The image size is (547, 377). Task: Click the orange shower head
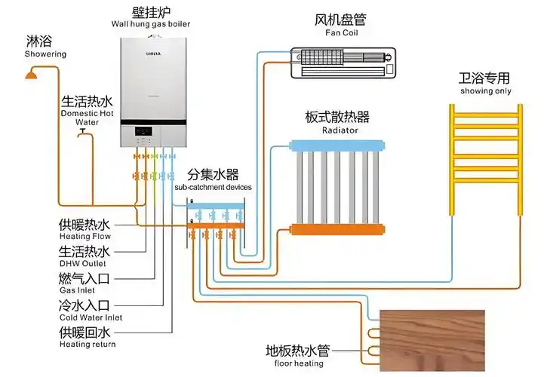coord(31,73)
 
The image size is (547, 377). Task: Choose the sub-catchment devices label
coord(213,186)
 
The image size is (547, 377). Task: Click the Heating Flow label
coord(85,237)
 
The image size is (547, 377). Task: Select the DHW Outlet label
coord(83,263)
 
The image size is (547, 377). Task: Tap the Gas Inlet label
coord(78,290)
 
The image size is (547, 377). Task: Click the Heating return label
coord(87,345)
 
